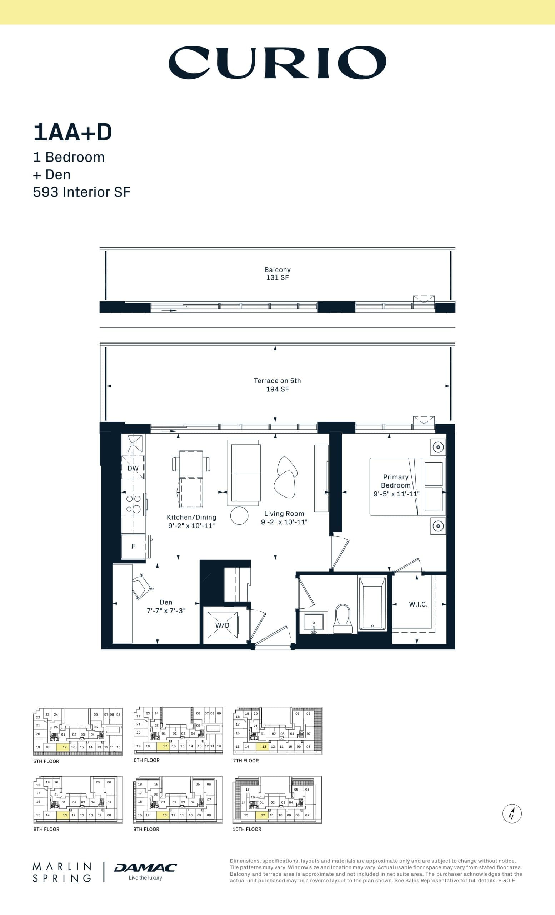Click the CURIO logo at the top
coord(277,63)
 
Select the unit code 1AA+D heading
coord(73,133)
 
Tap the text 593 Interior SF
coord(82,192)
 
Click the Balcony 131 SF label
coord(277,274)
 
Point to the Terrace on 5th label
coord(277,381)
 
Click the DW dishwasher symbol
coord(133,468)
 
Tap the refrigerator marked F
coord(133,546)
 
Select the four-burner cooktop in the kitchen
coord(134,504)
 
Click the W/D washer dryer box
coord(222,625)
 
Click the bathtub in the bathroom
coord(372,603)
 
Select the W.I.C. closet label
coord(418,604)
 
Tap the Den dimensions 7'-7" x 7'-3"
coord(166,610)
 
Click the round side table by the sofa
coord(239,515)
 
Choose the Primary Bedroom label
coord(396,481)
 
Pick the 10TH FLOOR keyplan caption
coord(247,829)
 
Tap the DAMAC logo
coord(145,868)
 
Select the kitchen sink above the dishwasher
coord(134,444)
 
